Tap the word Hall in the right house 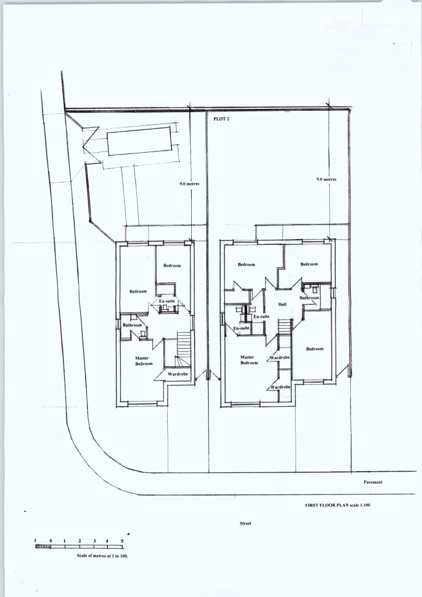pos(283,305)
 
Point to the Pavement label pos(373,483)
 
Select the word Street pos(245,524)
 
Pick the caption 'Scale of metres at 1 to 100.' pos(103,556)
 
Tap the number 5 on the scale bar pos(122,542)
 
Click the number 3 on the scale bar pos(93,542)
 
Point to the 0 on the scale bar pos(51,542)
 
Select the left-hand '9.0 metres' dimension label pos(189,184)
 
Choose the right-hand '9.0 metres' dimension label pos(326,180)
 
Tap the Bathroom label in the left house pos(132,325)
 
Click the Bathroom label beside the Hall pos(310,298)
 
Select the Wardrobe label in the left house pos(177,374)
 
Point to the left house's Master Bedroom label pos(143,361)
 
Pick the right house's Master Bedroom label pos(248,360)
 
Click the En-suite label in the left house pos(167,301)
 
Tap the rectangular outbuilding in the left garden pos(140,142)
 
